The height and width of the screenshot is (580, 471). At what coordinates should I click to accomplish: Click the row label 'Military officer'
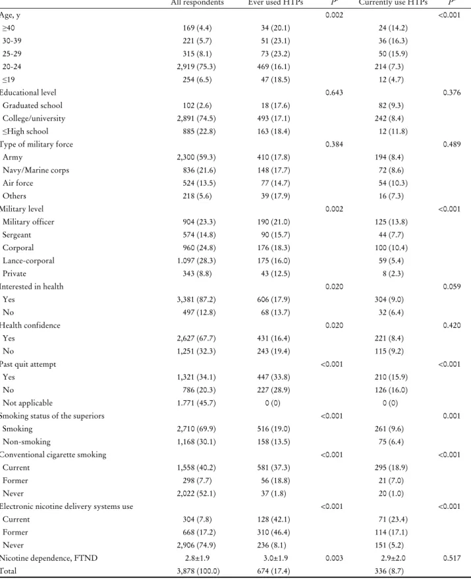(x=28, y=222)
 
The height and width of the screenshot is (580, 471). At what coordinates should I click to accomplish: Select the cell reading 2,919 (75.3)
(x=196, y=66)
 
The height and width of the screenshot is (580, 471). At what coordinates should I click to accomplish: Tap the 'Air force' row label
(x=18, y=183)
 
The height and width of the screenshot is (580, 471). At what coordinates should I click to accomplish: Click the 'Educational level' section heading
(x=28, y=92)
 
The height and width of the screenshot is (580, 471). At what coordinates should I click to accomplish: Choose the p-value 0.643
(x=334, y=92)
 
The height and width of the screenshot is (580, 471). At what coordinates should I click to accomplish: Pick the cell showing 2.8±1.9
(x=198, y=558)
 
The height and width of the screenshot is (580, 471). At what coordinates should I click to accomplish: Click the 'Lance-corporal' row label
(x=28, y=261)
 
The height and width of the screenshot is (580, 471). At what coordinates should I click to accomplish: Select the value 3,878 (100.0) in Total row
(x=198, y=571)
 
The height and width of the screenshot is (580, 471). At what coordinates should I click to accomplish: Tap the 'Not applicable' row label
(x=28, y=403)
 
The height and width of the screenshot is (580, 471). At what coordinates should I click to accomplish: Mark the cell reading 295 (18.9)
(x=391, y=467)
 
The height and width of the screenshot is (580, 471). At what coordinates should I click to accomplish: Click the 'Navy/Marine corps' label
(x=36, y=170)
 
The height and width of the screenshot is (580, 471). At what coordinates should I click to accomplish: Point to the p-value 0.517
(x=452, y=558)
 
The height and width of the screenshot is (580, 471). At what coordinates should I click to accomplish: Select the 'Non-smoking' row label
(x=26, y=442)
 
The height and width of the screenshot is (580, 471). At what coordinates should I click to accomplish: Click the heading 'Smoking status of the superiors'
(x=52, y=416)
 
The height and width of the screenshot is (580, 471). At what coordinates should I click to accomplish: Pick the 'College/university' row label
(x=34, y=119)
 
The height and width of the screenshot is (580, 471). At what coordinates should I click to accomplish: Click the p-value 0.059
(x=452, y=286)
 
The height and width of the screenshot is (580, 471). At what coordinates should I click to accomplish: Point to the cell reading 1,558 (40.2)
(x=196, y=467)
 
